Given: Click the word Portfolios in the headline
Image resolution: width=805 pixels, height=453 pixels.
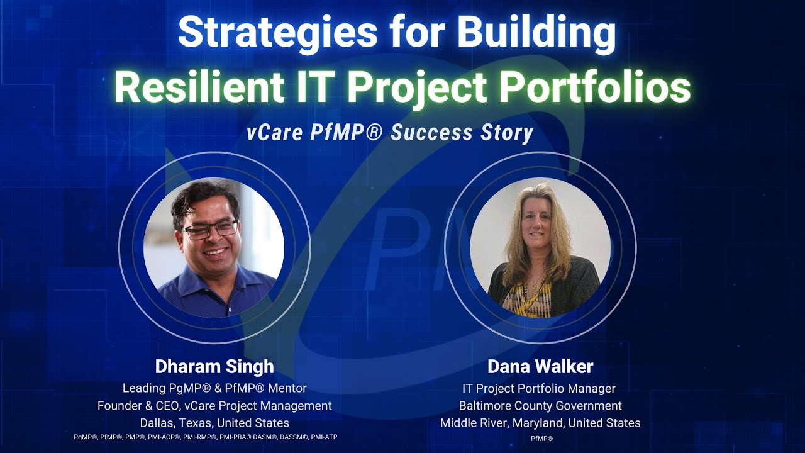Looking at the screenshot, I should [594, 88].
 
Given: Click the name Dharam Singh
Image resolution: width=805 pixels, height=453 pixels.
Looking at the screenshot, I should [214, 367].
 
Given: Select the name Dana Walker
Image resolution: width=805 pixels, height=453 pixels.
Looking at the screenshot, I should [540, 367].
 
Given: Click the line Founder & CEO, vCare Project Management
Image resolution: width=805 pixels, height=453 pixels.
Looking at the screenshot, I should [214, 406].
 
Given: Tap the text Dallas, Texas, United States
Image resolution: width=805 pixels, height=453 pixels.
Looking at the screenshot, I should [214, 423].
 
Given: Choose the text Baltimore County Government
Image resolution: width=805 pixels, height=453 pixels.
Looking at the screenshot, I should [540, 406].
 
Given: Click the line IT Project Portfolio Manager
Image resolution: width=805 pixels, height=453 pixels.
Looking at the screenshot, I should [540, 389].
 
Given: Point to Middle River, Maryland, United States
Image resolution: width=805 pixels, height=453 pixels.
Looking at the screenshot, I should [540, 423].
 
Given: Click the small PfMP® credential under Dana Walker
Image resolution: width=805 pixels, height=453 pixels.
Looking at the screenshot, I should [541, 438].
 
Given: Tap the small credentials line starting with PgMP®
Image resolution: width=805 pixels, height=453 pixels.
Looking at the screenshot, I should [206, 437].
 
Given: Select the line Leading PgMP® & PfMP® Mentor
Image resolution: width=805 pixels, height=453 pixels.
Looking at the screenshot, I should [214, 389].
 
